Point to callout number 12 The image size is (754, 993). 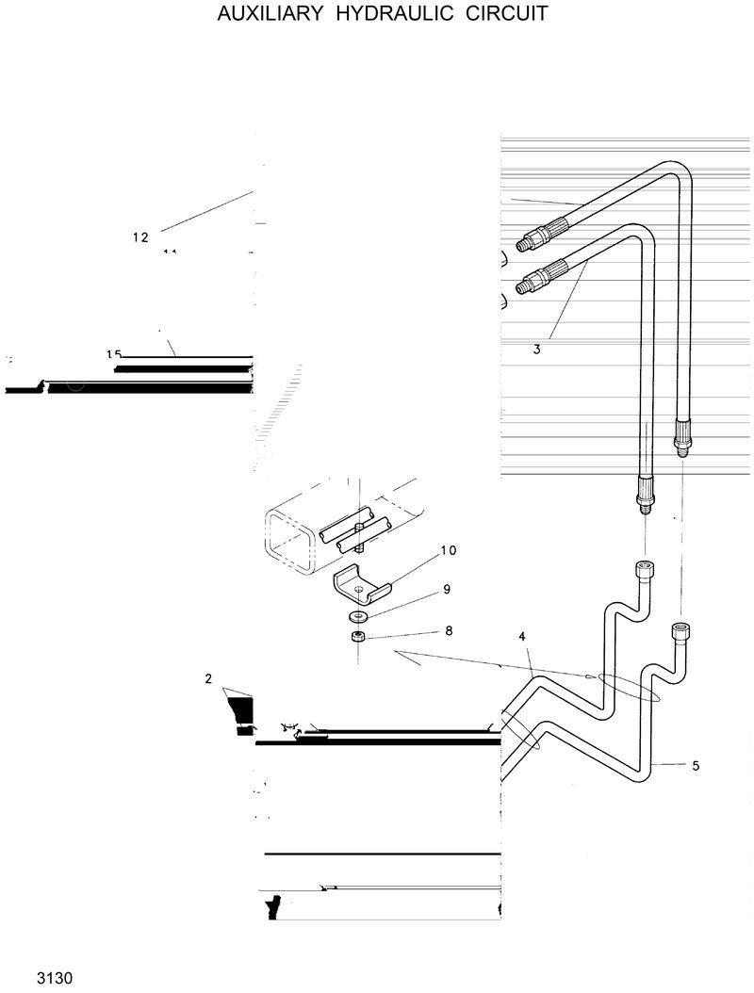[140, 237]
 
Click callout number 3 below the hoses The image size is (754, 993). [536, 350]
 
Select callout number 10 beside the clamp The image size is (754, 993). [448, 550]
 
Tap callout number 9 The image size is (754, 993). [447, 590]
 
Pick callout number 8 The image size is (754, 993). [449, 630]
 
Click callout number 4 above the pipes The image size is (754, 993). [522, 637]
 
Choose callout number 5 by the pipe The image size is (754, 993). [696, 765]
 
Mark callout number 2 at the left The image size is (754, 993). [209, 677]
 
